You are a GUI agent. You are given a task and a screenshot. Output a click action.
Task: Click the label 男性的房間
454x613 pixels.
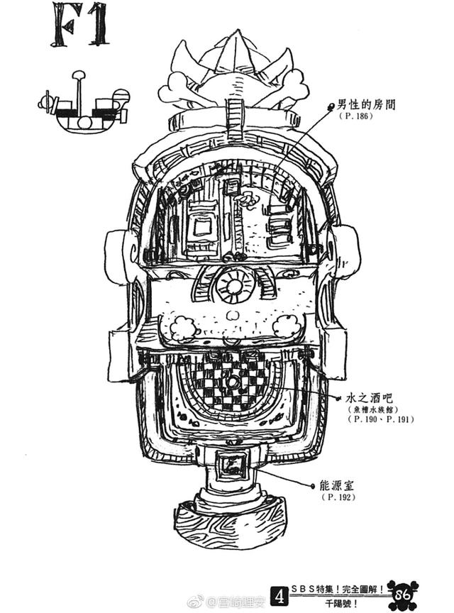367,104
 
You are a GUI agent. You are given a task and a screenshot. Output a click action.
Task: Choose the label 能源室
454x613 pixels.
340,485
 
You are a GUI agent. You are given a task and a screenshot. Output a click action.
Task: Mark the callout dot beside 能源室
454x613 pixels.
313,486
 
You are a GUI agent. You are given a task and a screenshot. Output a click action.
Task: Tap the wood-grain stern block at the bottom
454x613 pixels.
231,521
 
